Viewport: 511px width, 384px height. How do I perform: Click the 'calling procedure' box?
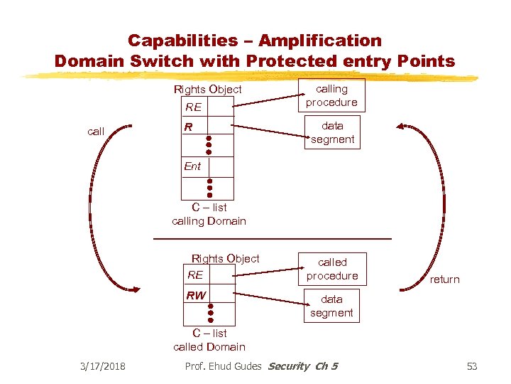tap(331, 95)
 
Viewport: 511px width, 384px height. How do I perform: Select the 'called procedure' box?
tap(332, 269)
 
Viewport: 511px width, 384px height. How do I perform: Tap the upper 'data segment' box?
tap(332, 132)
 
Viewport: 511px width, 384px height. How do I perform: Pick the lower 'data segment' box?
tap(331, 306)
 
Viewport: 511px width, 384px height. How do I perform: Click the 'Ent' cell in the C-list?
tap(207, 166)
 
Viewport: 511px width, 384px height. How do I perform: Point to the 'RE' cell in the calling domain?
tap(207, 107)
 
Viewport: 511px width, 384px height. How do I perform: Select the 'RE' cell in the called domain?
tap(207, 275)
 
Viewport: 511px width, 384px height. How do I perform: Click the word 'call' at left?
tap(96, 131)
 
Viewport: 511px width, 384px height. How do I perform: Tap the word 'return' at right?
tap(444, 279)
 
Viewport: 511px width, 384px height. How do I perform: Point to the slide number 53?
tap(472, 366)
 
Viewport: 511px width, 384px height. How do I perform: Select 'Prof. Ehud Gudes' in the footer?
tap(222, 366)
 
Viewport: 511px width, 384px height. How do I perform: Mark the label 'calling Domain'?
tap(209, 221)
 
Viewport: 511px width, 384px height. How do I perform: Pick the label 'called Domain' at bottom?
tap(209, 347)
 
